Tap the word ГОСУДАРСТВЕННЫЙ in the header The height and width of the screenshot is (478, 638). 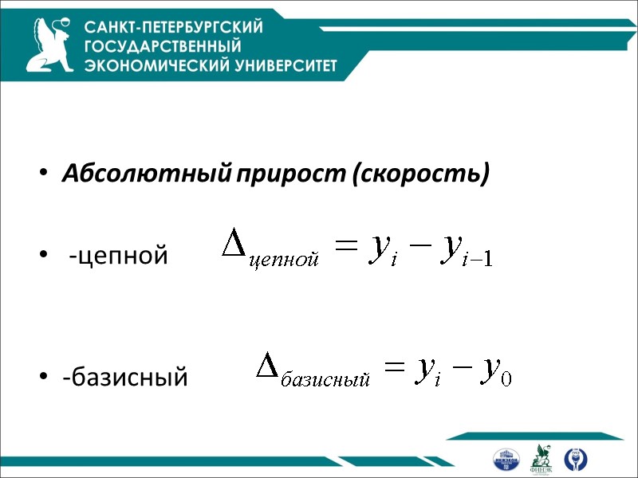[163, 46]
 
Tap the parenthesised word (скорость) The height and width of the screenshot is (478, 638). [419, 173]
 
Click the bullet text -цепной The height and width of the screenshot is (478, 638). [118, 257]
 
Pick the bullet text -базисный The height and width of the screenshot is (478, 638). [125, 375]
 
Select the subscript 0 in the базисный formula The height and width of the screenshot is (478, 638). [504, 379]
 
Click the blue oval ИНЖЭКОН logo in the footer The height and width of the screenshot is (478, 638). [506, 460]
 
